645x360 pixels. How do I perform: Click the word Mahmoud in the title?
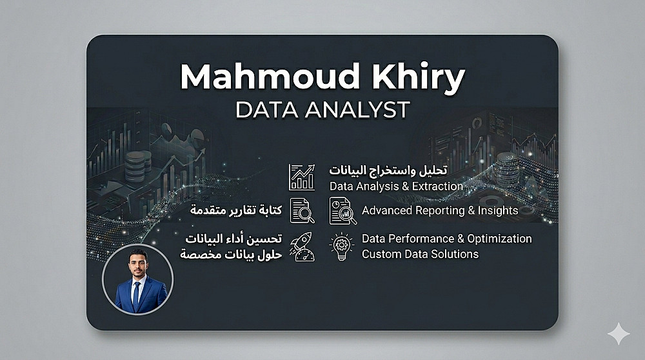pos(270,76)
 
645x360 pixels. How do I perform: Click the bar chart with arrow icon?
pos(302,177)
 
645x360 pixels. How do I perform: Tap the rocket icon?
pos(303,246)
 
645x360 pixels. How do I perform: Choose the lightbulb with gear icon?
pos(341,246)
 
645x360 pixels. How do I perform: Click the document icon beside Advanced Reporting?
pos(342,211)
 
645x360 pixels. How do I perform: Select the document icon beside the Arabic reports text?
pos(303,211)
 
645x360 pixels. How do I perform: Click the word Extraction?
pos(438,186)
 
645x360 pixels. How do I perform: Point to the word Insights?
pos(498,210)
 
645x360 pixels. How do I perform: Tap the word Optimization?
pos(499,239)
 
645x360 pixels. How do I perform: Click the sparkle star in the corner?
pos(619,334)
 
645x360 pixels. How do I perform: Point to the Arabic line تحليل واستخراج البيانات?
pos(388,170)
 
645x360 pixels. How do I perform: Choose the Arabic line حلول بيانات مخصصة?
pos(231,255)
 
